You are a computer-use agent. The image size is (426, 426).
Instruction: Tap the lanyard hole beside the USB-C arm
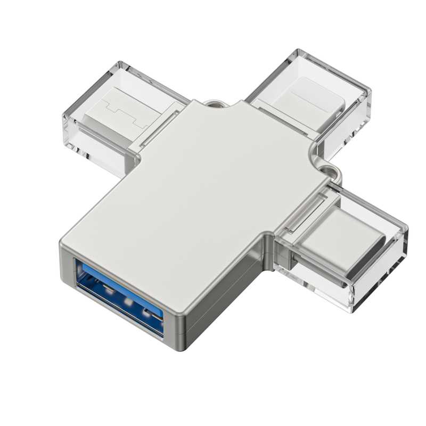pos(333,172)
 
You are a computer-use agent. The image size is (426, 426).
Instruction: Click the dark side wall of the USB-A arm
pos(224,298)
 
